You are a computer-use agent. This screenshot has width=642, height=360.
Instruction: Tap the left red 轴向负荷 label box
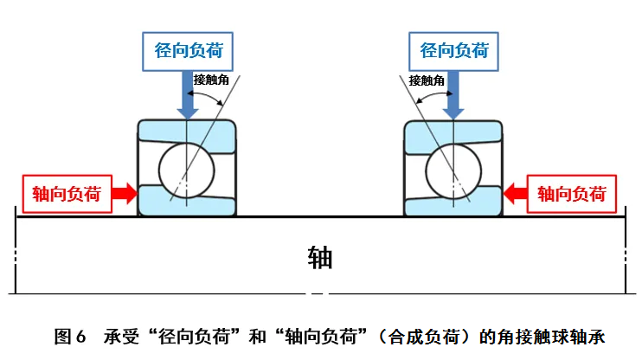pyautogui.click(x=67, y=193)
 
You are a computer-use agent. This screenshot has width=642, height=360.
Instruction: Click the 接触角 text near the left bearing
pyautogui.click(x=211, y=80)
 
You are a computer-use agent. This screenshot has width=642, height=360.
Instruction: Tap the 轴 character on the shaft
pyautogui.click(x=320, y=258)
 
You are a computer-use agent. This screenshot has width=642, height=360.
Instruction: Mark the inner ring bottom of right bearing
pyautogui.click(x=453, y=205)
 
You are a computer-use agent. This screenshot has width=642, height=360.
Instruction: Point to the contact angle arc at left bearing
pyautogui.click(x=209, y=97)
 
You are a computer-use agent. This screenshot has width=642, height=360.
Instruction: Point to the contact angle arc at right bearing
pyautogui.click(x=430, y=97)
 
